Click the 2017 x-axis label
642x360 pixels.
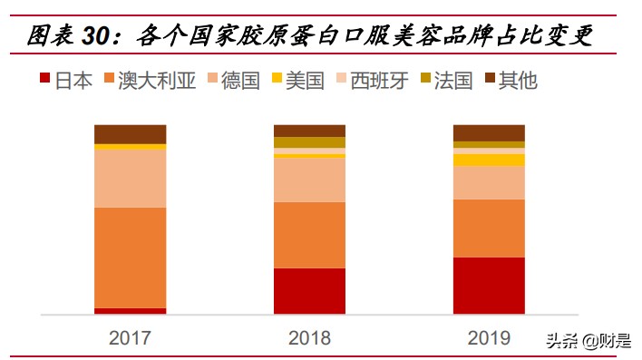(130, 339)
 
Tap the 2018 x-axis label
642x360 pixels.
(309, 339)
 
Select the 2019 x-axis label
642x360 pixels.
(489, 339)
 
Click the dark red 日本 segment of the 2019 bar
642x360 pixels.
(489, 286)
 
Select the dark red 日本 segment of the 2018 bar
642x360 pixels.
(309, 291)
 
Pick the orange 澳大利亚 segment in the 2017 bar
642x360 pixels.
(130, 258)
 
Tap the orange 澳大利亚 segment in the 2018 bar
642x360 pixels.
(309, 235)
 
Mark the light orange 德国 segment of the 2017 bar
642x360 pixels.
(130, 178)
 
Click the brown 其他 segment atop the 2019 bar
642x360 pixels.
(489, 132)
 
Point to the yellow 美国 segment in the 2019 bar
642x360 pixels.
(489, 160)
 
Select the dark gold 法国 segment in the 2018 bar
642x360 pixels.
(309, 142)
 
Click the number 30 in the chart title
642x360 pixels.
(99, 36)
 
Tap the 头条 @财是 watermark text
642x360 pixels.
(588, 340)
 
